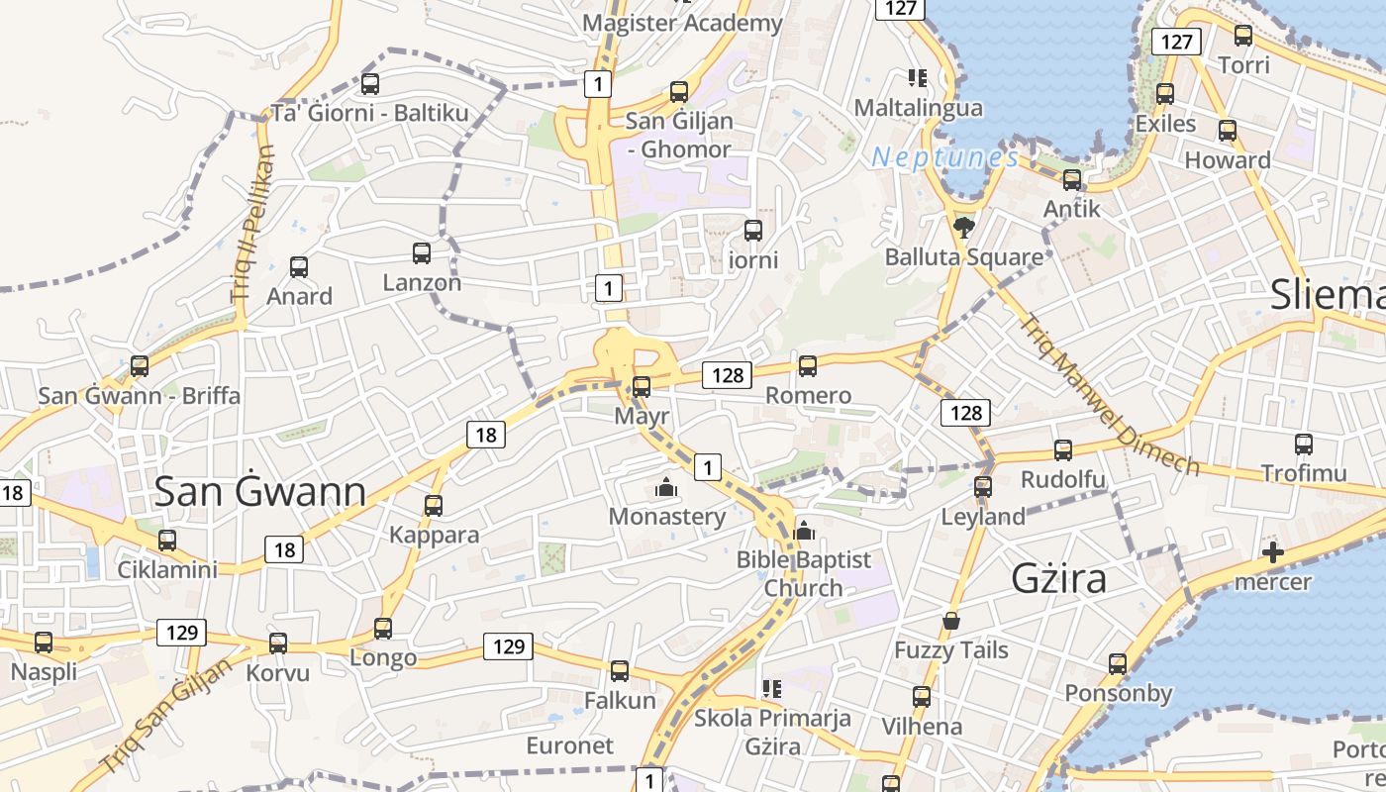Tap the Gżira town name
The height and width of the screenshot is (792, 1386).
tap(1058, 578)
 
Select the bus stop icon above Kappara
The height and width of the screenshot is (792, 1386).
tap(433, 506)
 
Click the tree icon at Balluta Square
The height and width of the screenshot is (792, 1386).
tap(962, 229)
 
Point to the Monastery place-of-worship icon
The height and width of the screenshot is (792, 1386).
tap(666, 488)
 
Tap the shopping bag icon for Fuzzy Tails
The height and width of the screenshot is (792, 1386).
tap(951, 621)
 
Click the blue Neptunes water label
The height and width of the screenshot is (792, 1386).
tap(944, 157)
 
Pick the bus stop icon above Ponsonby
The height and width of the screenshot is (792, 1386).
tap(1118, 664)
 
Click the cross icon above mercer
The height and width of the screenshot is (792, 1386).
tap(1273, 552)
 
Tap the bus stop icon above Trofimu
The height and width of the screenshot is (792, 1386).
tap(1303, 445)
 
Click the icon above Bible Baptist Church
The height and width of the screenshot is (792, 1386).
tap(804, 532)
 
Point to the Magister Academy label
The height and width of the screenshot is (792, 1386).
tap(682, 23)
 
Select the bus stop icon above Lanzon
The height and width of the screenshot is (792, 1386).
tap(422, 253)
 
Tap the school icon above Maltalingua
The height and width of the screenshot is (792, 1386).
tap(917, 78)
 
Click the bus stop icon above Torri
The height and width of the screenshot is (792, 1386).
tap(1243, 37)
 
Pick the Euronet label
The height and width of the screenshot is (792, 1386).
tap(569, 745)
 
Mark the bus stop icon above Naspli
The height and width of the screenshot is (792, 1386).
tap(44, 643)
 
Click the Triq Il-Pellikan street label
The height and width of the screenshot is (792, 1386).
tap(253, 224)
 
